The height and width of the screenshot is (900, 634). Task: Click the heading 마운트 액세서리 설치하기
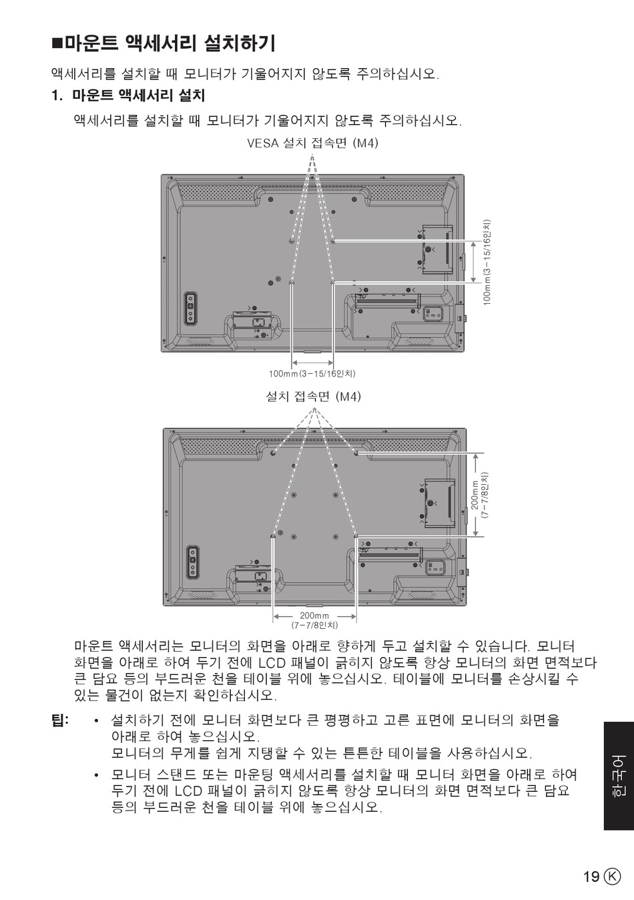pyautogui.click(x=170, y=43)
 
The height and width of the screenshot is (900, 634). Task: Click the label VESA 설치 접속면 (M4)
pyautogui.click(x=313, y=143)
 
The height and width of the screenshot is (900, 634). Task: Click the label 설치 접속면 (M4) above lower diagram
pyautogui.click(x=314, y=397)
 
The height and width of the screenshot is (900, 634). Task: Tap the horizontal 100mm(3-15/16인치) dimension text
pyautogui.click(x=312, y=374)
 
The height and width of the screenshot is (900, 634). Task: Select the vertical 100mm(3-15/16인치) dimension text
pyautogui.click(x=487, y=262)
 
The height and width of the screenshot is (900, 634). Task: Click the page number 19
pyautogui.click(x=591, y=876)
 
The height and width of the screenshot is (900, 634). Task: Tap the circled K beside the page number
pyautogui.click(x=613, y=876)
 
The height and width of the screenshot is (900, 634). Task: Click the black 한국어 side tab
pyautogui.click(x=619, y=776)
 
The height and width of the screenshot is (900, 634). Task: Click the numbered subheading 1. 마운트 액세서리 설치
pyautogui.click(x=129, y=95)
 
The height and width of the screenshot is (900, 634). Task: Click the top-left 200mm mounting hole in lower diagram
pyautogui.click(x=273, y=453)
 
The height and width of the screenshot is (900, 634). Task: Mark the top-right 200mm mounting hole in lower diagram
pyautogui.click(x=356, y=453)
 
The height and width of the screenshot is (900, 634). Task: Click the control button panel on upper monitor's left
pyautogui.click(x=191, y=308)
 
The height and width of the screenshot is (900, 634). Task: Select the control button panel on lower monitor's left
pyautogui.click(x=193, y=562)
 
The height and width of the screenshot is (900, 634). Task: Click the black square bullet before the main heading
pyautogui.click(x=58, y=43)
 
